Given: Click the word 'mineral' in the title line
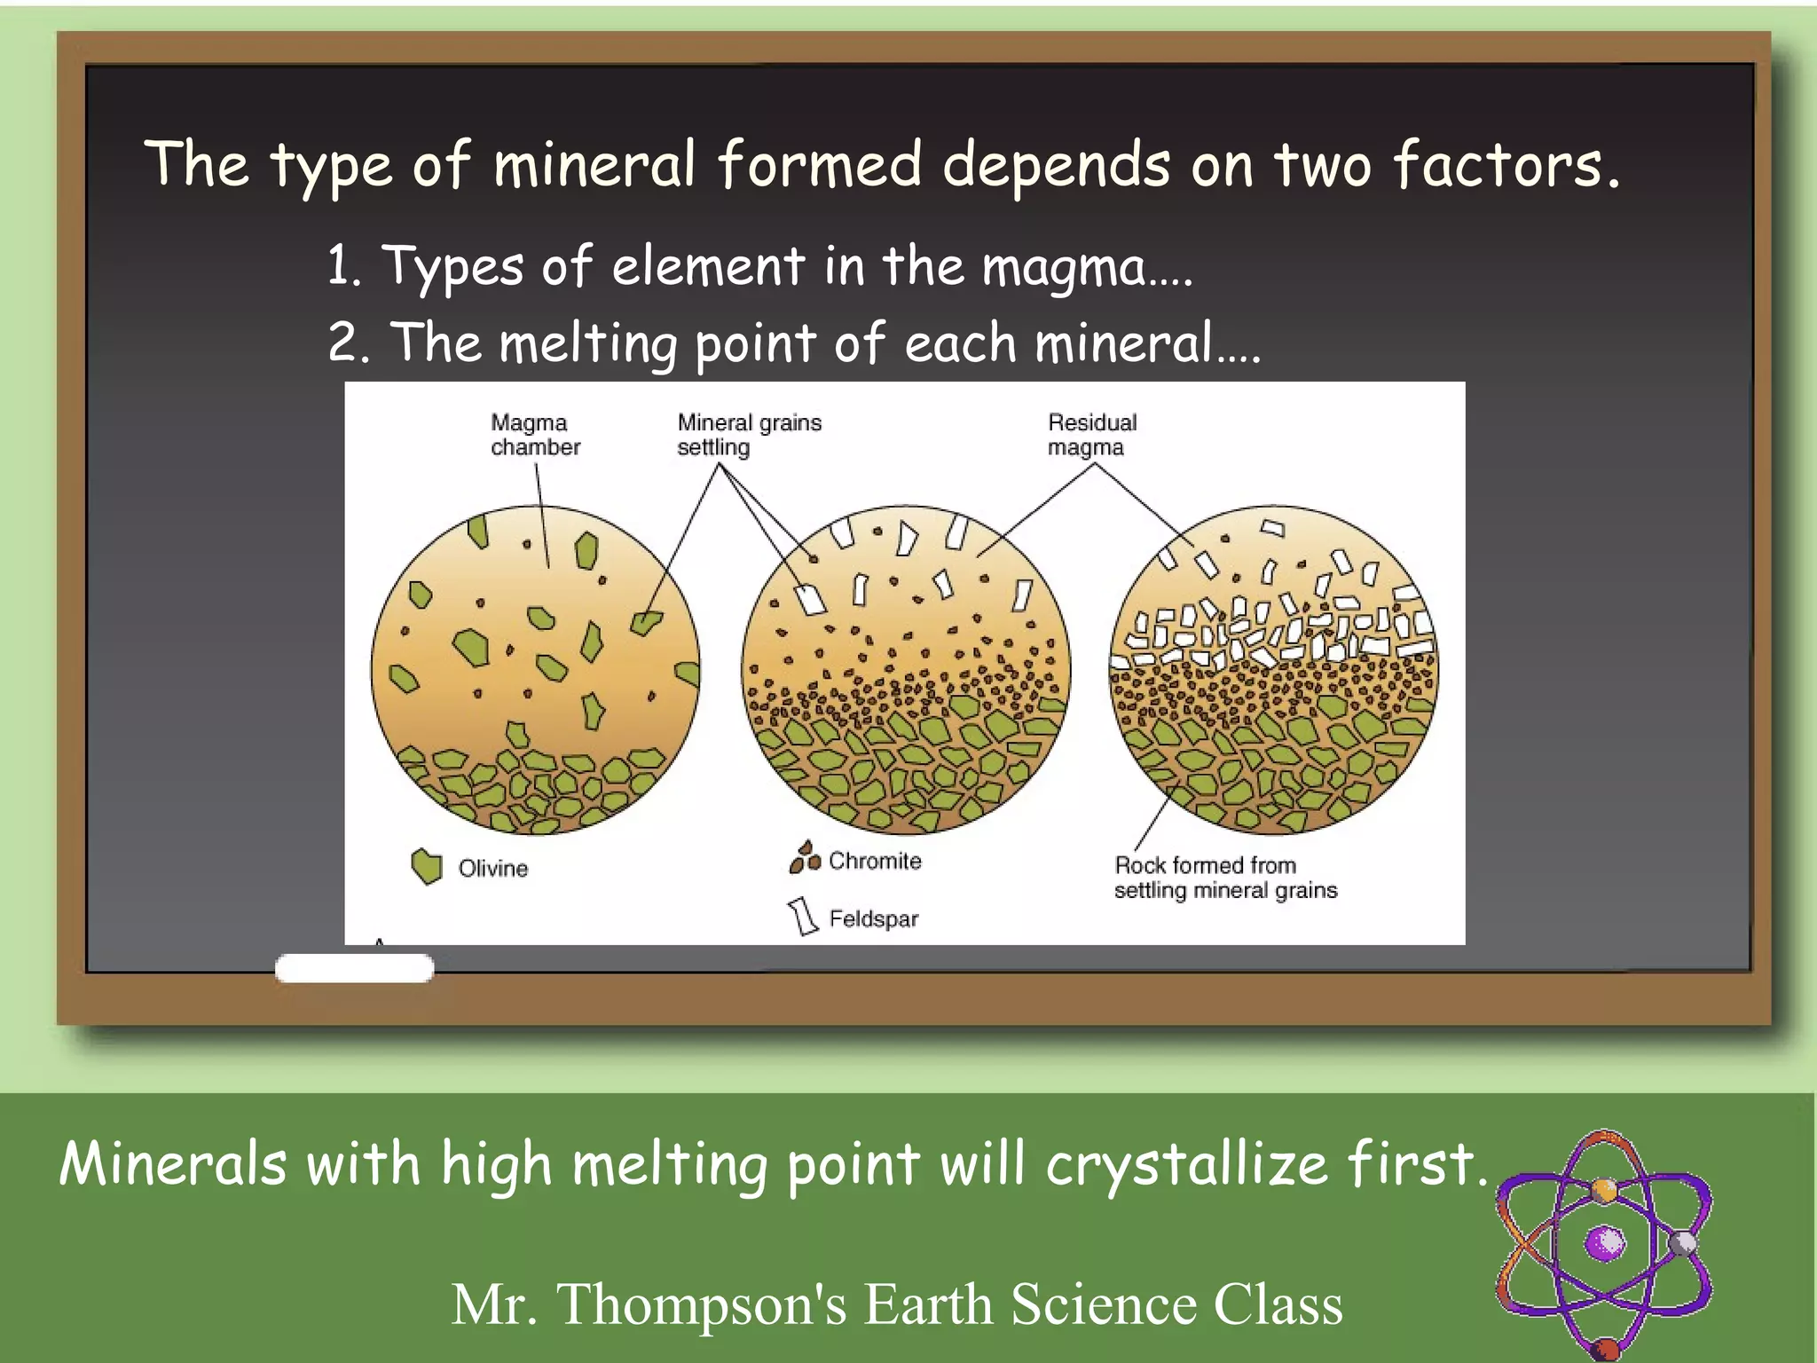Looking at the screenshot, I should pyautogui.click(x=594, y=165).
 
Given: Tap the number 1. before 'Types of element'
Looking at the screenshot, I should pyautogui.click(x=343, y=265).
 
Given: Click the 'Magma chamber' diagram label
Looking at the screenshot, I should pyautogui.click(x=535, y=435).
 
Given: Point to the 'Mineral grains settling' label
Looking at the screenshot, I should pyautogui.click(x=749, y=435).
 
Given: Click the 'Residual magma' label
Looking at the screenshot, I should pyautogui.click(x=1091, y=435).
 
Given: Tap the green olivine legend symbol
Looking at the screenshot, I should pyautogui.click(x=427, y=866).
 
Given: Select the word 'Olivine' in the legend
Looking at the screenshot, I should pyautogui.click(x=493, y=869).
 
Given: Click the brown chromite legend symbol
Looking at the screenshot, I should pyautogui.click(x=805, y=858).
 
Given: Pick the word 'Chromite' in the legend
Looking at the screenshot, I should pyautogui.click(x=875, y=861).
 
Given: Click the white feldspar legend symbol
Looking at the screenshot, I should pyautogui.click(x=803, y=916).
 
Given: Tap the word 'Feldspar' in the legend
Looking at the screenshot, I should pyautogui.click(x=874, y=919).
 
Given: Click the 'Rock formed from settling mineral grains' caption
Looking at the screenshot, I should pyautogui.click(x=1224, y=878).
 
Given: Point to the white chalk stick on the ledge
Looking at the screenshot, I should pyautogui.click(x=354, y=968).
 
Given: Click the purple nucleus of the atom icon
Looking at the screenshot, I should pyautogui.click(x=1605, y=1242).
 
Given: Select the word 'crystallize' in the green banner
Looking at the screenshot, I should pyautogui.click(x=1186, y=1164).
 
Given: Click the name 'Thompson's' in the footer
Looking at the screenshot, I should pyautogui.click(x=701, y=1304).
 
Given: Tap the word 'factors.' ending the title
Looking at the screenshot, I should pyautogui.click(x=1506, y=165).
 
